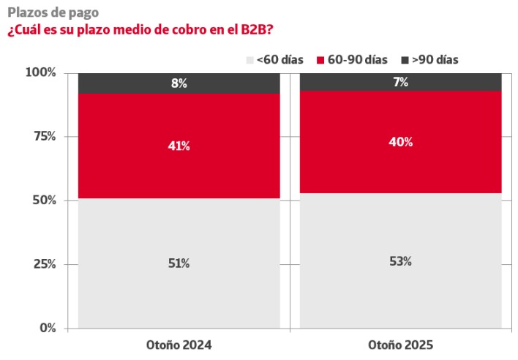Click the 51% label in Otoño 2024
pos(179,263)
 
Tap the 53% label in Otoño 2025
pos(400,261)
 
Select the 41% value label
pos(179,146)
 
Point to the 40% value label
pos(400,142)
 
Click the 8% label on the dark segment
pos(179,83)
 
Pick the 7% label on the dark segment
pos(400,82)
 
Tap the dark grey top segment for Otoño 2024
pos(124,83)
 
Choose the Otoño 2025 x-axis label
pos(400,344)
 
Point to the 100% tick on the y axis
pos(41,72)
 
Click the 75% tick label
pos(44,136)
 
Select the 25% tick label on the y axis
pos(44,263)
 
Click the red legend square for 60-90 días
pos(321,60)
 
